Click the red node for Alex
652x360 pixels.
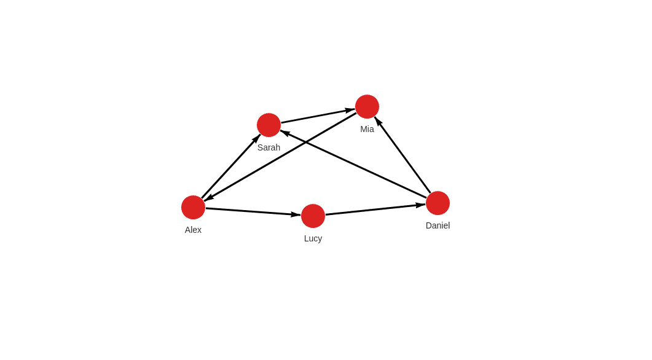point(194,208)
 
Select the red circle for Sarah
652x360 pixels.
point(269,125)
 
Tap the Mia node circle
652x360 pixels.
point(367,106)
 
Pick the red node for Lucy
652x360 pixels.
point(313,216)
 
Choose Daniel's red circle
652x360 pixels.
point(438,203)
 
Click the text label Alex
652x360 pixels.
point(193,230)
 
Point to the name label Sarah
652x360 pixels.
point(269,147)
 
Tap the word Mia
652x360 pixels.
point(367,129)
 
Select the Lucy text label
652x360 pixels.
point(313,238)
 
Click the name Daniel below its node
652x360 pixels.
point(438,225)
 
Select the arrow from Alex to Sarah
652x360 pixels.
point(231,166)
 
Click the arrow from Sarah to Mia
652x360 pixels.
point(318,116)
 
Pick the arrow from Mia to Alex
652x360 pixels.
point(280,157)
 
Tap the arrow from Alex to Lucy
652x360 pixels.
point(253,211)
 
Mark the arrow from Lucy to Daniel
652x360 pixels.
point(375,209)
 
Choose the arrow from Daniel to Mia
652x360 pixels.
point(403,155)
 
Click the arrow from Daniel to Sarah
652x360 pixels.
point(353,164)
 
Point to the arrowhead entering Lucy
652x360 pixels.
point(296,214)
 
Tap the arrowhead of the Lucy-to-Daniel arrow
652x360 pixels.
point(420,205)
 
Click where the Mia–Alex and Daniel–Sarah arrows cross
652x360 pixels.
point(306,142)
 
